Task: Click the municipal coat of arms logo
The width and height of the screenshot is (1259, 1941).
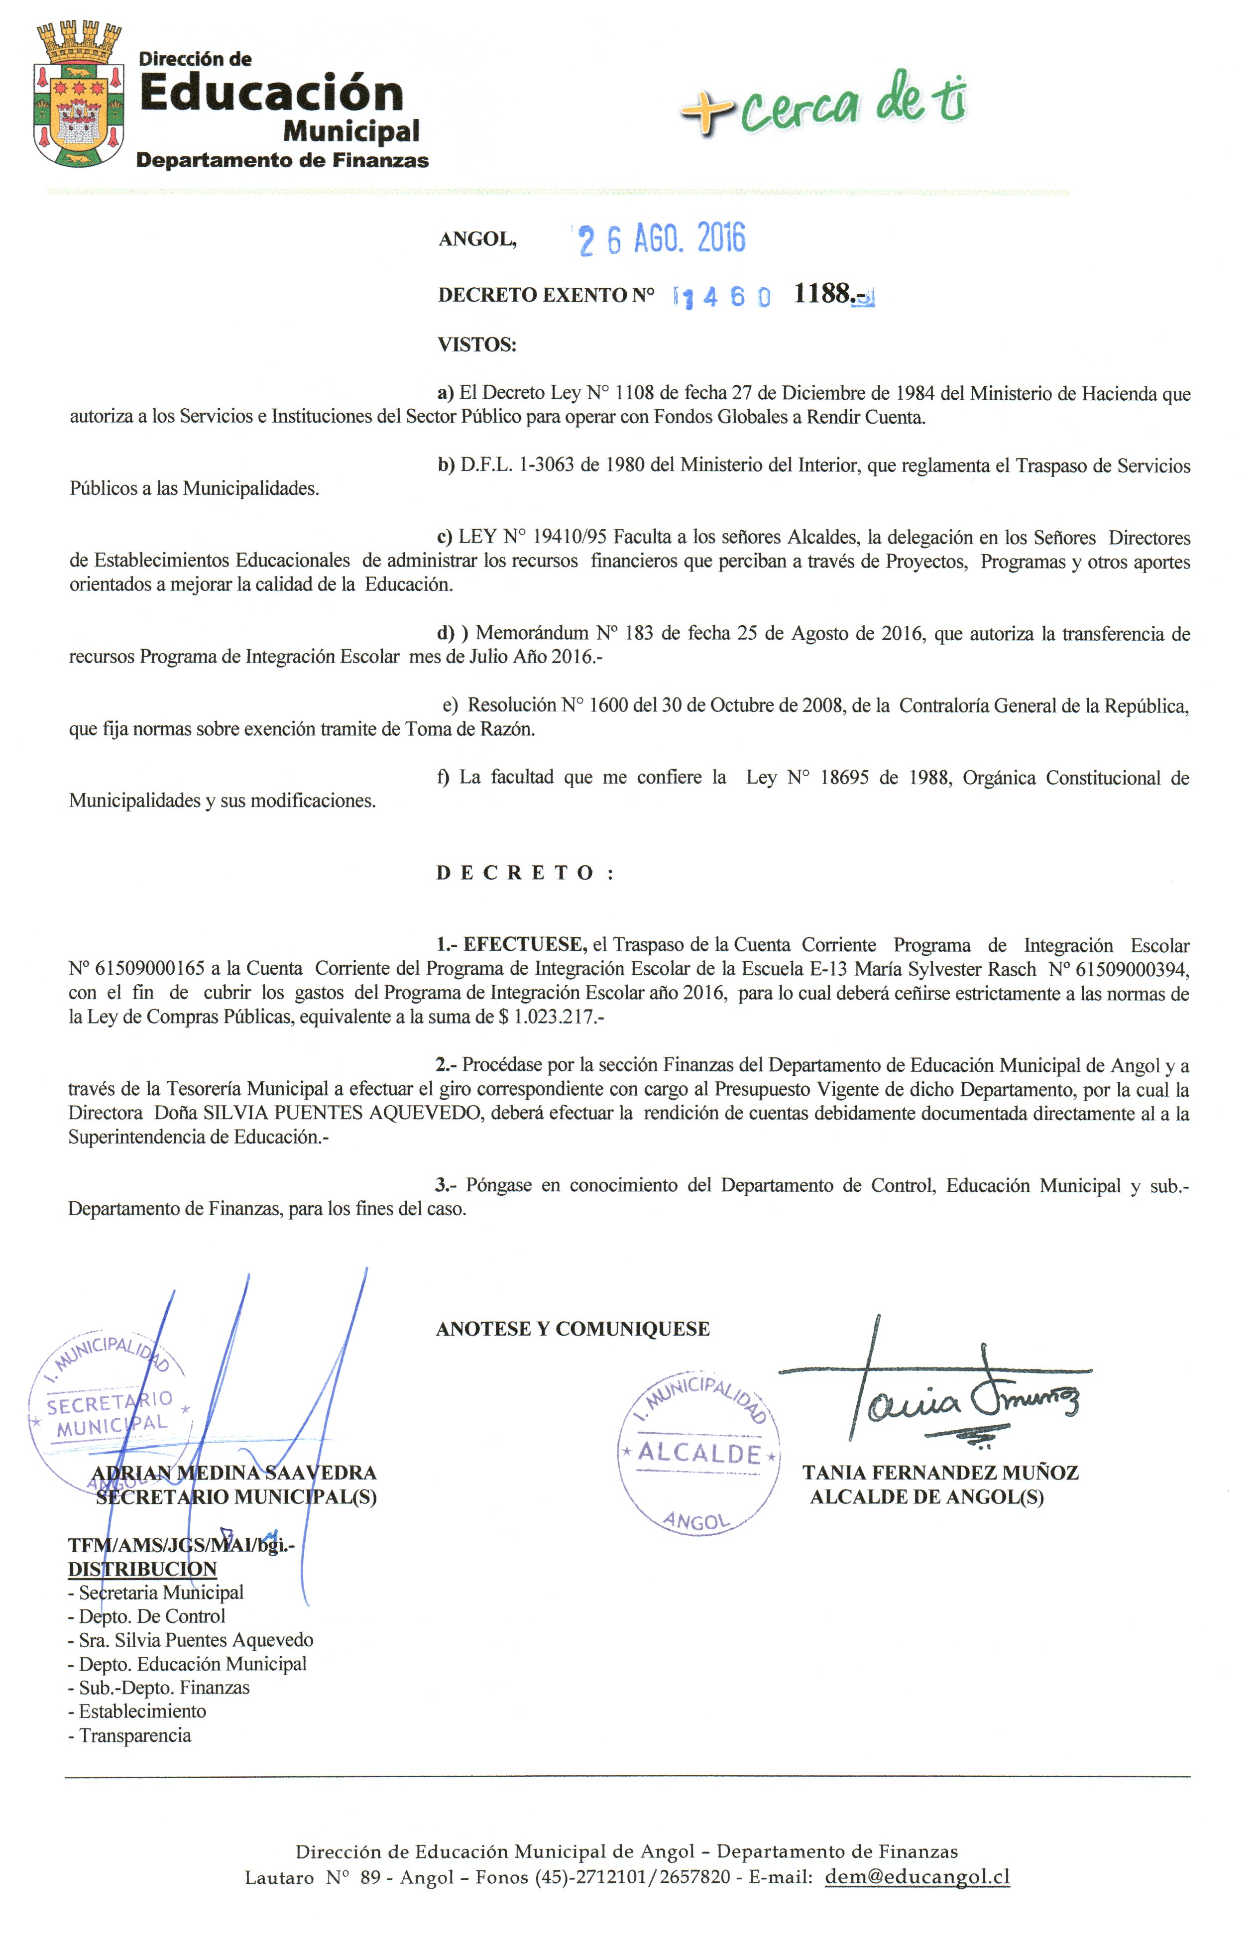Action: pos(78,96)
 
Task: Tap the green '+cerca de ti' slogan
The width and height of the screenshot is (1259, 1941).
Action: pos(823,105)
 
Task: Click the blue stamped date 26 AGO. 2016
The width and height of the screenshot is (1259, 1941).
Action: pos(661,239)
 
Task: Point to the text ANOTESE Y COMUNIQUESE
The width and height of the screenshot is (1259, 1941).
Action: pos(572,1329)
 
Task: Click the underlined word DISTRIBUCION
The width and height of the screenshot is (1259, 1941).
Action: pos(143,1569)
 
